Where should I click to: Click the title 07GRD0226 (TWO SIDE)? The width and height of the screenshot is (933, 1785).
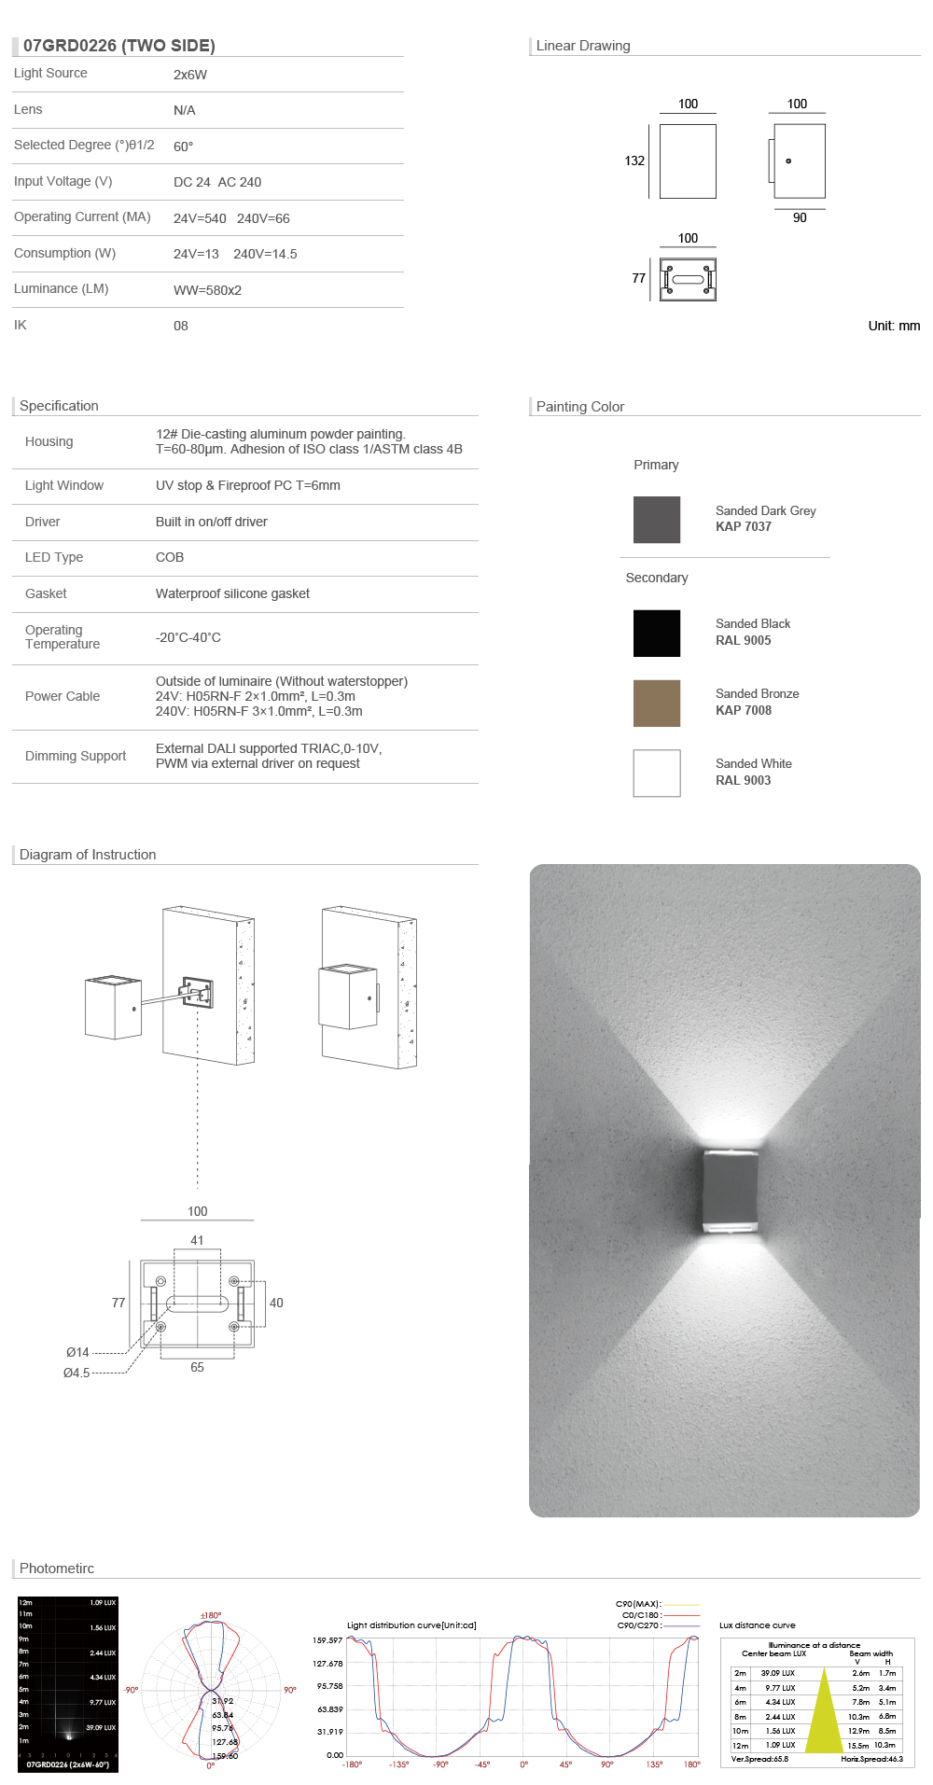coord(119,46)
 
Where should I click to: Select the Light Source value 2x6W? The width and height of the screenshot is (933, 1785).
coord(190,75)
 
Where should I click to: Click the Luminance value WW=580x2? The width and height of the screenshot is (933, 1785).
coord(207,290)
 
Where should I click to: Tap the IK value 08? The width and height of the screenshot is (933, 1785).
coord(181,326)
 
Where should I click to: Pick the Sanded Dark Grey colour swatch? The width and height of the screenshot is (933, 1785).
coord(657,520)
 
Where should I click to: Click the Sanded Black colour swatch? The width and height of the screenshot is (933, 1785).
coord(657,634)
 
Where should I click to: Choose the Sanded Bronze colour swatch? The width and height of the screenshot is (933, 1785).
coord(657,704)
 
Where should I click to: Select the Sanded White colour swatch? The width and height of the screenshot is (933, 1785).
coord(657,774)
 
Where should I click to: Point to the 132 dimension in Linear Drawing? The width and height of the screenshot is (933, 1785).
coord(634,160)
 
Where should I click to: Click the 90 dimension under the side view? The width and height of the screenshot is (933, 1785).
coord(800,217)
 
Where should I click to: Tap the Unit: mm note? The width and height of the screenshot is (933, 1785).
coord(894,326)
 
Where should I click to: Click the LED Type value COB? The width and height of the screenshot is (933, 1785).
coord(170,557)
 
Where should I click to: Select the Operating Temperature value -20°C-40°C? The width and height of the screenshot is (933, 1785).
coord(188,637)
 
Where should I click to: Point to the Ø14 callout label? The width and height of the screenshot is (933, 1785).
coord(77,1352)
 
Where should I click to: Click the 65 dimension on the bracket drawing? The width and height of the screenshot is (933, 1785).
coord(197,1367)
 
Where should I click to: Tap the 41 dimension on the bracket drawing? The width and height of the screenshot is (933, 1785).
coord(197,1240)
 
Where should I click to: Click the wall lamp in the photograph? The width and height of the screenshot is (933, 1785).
coord(727,1192)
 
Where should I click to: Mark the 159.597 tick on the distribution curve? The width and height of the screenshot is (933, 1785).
coord(327,1640)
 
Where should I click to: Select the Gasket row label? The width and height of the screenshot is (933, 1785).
coord(46,593)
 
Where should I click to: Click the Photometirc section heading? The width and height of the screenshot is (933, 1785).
coord(57,1569)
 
